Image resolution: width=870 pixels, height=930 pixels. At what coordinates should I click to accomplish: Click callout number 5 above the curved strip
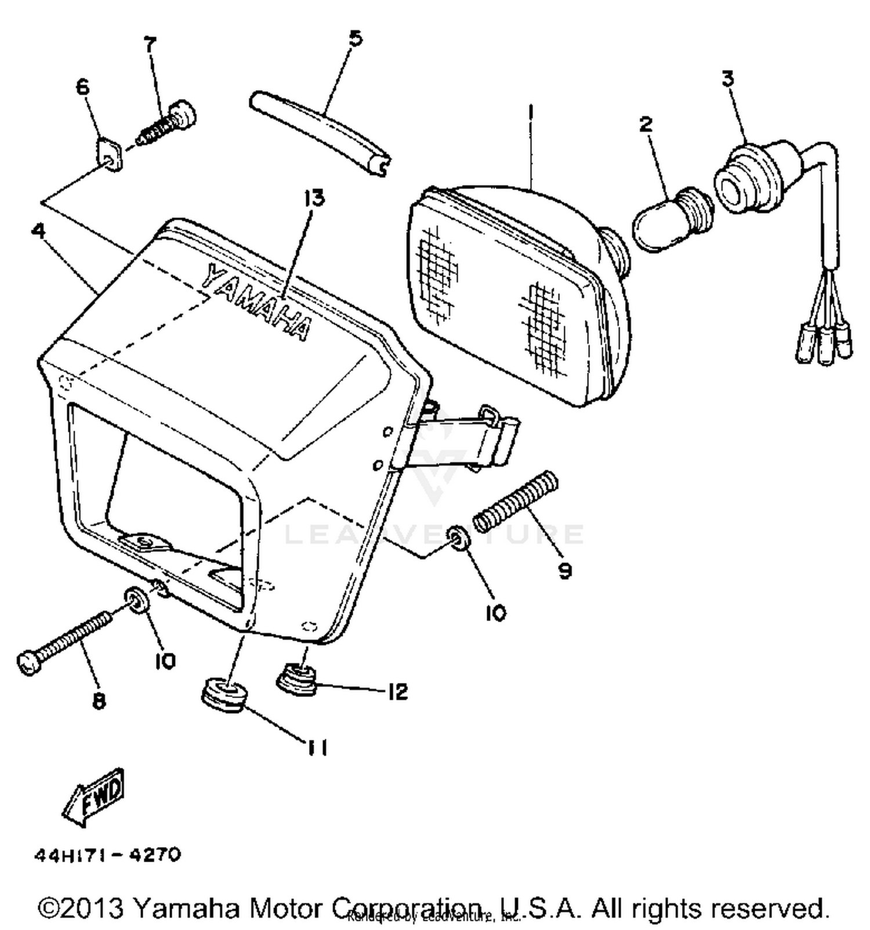pyautogui.click(x=355, y=39)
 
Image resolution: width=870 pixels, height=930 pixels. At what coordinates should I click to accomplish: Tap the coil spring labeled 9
pyautogui.click(x=516, y=501)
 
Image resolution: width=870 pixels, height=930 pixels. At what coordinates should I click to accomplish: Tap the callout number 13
pyautogui.click(x=314, y=198)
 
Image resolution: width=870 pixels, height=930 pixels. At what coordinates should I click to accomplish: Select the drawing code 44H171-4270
pyautogui.click(x=108, y=855)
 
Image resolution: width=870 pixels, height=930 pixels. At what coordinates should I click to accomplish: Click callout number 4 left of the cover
pyautogui.click(x=38, y=231)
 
